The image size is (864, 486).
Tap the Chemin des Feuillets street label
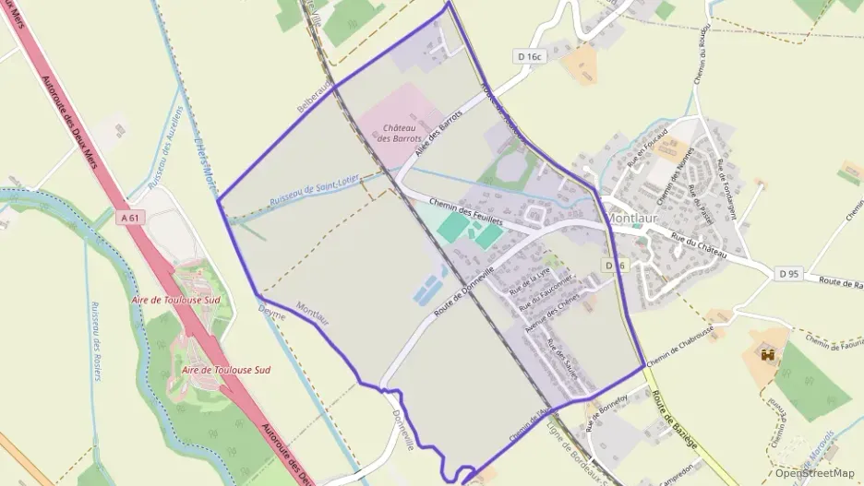point(465,211)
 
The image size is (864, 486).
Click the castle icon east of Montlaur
point(766,353)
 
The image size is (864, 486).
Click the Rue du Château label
point(700,246)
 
